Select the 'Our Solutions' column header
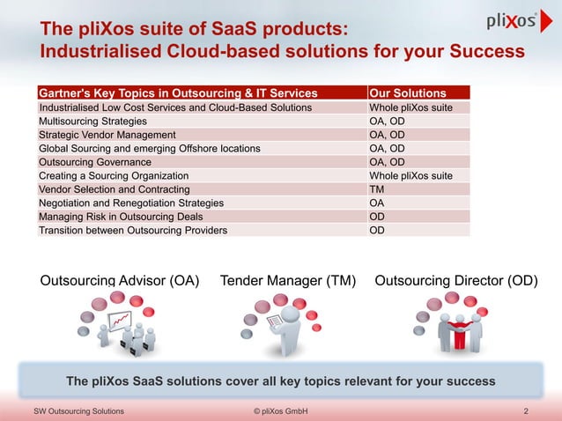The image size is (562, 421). [x=407, y=93]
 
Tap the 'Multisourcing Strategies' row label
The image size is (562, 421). [x=93, y=122]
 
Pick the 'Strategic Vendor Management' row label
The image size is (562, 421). [x=107, y=135]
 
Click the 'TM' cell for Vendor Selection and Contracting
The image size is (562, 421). [x=377, y=189]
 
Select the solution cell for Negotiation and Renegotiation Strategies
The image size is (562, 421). [x=377, y=203]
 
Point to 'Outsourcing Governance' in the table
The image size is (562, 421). [x=95, y=162]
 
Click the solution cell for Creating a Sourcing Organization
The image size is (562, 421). [x=410, y=176]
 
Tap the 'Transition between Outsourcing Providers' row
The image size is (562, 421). [x=132, y=230]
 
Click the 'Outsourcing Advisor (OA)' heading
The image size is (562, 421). [x=120, y=282]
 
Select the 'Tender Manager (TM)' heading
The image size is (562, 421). [x=288, y=282]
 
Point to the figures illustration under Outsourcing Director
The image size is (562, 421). [x=452, y=325]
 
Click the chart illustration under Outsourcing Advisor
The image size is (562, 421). [x=115, y=326]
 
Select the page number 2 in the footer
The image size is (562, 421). [x=525, y=411]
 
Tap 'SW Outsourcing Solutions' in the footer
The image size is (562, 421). [x=78, y=411]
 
